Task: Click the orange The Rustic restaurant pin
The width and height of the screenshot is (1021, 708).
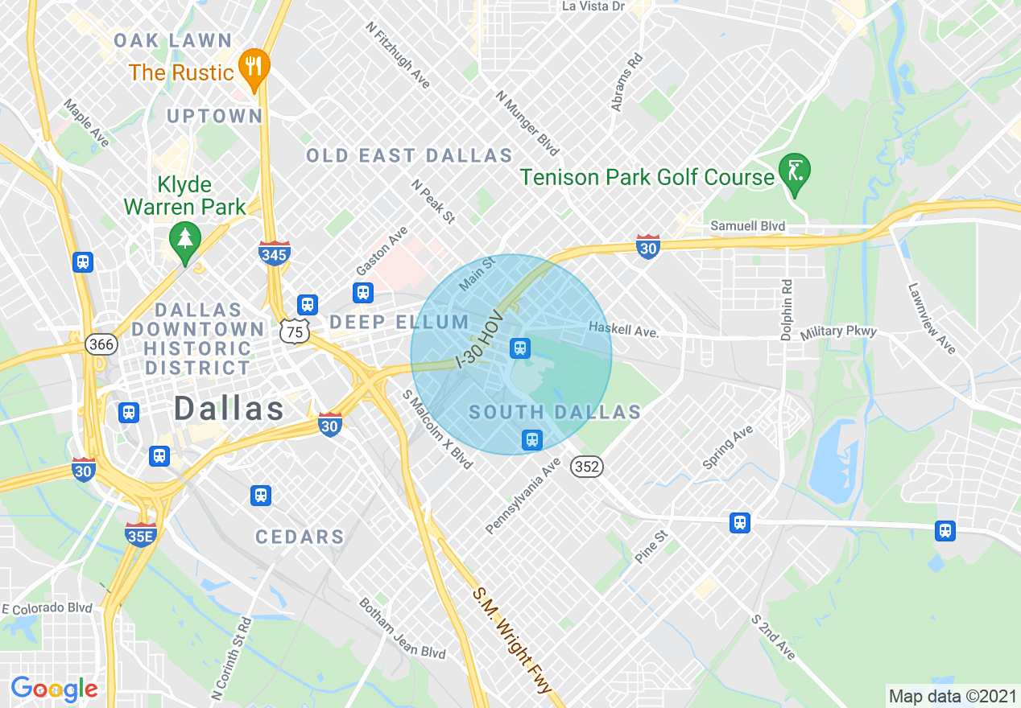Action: click(254, 69)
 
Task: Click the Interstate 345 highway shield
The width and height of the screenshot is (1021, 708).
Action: click(275, 253)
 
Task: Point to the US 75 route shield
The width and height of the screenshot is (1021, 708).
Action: click(295, 331)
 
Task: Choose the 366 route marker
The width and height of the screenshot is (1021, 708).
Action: click(101, 344)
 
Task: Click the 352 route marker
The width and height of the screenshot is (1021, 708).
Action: click(588, 467)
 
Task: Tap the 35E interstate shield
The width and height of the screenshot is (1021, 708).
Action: click(140, 535)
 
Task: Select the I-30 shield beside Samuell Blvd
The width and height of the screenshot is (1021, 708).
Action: click(648, 246)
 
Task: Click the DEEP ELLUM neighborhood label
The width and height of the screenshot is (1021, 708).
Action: click(399, 323)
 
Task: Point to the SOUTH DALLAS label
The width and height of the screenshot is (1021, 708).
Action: click(555, 413)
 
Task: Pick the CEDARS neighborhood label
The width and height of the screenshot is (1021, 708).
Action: click(300, 537)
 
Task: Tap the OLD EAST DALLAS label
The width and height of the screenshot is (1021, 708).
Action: click(409, 155)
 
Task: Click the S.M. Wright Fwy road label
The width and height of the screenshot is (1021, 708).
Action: click(512, 640)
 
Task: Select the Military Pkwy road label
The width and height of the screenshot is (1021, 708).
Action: click(837, 331)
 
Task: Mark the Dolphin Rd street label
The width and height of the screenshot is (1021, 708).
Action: click(787, 309)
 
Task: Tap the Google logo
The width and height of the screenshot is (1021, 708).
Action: click(54, 689)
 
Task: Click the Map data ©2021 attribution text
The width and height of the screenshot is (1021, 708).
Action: click(952, 695)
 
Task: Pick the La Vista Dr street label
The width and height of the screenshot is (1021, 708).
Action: click(593, 6)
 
